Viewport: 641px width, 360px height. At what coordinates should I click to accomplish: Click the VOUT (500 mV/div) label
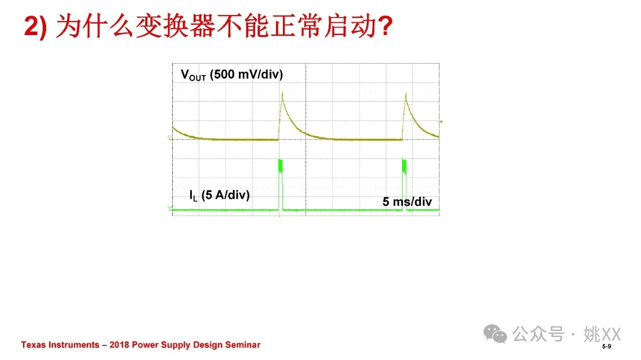232,75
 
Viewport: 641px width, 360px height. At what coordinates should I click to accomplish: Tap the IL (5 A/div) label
219,195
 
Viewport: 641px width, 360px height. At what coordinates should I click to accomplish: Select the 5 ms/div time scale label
407,202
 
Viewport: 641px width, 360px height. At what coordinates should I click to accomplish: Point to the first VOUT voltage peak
282,92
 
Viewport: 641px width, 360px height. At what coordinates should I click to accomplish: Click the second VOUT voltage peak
406,93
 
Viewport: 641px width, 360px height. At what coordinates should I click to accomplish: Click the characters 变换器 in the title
175,26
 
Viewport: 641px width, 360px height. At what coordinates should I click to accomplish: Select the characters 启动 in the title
350,26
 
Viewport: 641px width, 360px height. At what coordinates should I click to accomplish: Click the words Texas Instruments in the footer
60,345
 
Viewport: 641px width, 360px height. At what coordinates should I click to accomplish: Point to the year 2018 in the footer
119,345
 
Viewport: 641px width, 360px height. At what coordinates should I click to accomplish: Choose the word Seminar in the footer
243,345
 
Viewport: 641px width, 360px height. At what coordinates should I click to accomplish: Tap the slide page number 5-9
606,346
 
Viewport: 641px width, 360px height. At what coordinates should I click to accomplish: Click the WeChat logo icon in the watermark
495,333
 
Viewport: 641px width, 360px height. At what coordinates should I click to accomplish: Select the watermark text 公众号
538,333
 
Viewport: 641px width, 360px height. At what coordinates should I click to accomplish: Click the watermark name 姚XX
602,334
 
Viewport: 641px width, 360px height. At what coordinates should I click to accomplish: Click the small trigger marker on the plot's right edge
441,122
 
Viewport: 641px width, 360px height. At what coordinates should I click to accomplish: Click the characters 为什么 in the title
95,26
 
